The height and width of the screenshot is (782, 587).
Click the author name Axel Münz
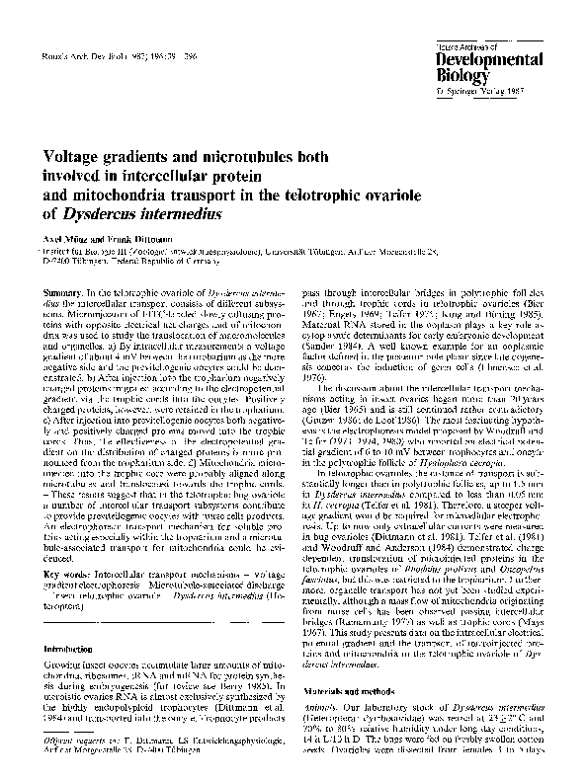(x=67, y=239)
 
